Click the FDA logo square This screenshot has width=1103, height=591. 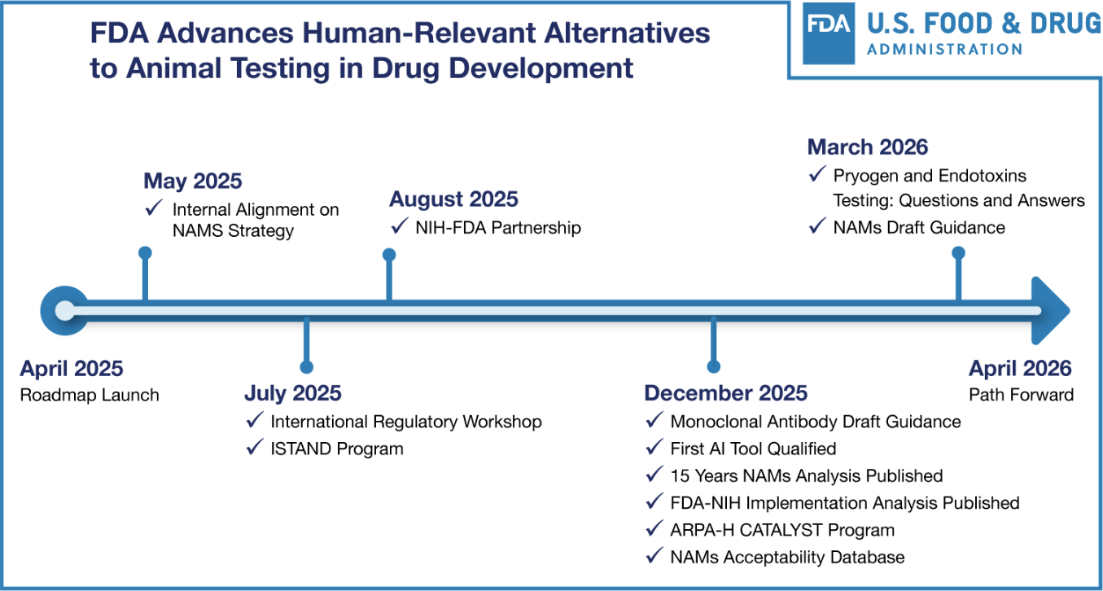coord(829,33)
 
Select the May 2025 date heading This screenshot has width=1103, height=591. coord(193,181)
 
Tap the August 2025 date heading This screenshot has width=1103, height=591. coord(453,199)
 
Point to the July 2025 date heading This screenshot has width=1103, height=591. coord(293,393)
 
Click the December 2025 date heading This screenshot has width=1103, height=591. coord(726,393)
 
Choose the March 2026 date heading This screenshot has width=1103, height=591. coord(868,147)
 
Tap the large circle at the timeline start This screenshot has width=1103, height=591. coord(65,311)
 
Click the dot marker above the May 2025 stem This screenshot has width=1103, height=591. coord(145,252)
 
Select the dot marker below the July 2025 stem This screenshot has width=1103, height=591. coord(306,367)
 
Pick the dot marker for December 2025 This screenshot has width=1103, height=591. coord(714,366)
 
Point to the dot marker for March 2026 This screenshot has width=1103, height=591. coord(958,252)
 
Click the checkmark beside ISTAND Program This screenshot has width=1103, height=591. coord(255,447)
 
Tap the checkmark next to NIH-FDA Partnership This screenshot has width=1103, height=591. coord(400,225)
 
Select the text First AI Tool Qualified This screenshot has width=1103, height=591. coord(754,449)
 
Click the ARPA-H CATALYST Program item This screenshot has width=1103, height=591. coord(782,530)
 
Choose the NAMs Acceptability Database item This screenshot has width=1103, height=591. coord(787,557)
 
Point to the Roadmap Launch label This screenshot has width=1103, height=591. coord(90,395)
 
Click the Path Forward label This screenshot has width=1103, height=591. coord(1022,395)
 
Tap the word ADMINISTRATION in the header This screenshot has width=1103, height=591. coord(944,49)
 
